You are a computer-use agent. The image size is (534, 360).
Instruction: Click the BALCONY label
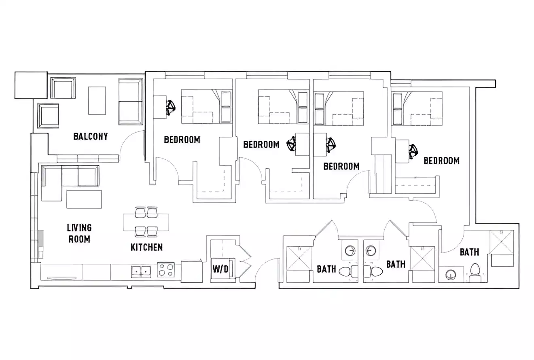click(x=91, y=136)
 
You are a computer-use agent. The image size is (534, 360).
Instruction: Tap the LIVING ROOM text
click(x=79, y=233)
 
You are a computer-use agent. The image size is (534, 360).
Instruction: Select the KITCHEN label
click(x=146, y=247)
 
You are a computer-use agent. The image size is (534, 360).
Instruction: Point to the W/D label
click(x=220, y=269)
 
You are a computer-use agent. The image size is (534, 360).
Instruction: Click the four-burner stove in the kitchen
click(x=166, y=270)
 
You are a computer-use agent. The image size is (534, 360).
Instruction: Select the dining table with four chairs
click(x=146, y=222)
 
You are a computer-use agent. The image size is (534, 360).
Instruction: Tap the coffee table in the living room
click(x=84, y=199)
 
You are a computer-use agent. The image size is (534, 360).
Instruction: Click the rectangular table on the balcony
click(x=97, y=100)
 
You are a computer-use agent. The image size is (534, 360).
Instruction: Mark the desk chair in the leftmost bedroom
click(x=171, y=107)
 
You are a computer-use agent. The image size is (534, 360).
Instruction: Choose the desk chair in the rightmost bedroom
click(x=413, y=152)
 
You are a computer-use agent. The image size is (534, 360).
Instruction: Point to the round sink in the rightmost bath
click(x=450, y=275)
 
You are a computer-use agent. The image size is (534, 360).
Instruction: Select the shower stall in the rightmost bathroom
click(x=502, y=242)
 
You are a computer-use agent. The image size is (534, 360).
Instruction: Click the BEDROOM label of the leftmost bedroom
click(x=182, y=140)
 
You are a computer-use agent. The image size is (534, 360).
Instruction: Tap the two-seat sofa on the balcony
click(x=131, y=102)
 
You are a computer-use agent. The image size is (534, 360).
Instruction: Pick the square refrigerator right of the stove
click(x=191, y=271)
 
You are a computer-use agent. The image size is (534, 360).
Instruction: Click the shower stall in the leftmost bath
click(x=299, y=259)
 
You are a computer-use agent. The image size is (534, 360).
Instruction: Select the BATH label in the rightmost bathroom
click(x=469, y=252)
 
